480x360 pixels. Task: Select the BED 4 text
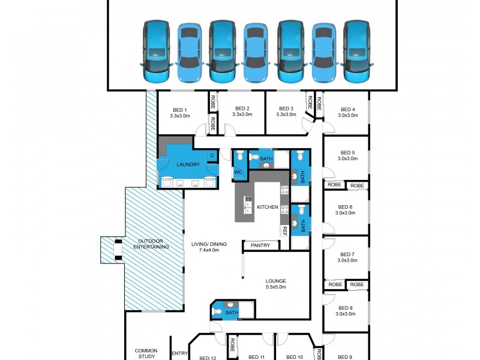coord(348,109)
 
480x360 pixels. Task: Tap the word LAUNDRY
coord(188,164)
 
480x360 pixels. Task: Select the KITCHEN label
coord(268,207)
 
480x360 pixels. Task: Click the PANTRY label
coord(260,245)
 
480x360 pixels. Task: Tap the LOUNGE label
coord(276,281)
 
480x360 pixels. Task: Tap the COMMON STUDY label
coord(146,353)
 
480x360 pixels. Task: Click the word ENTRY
coord(179,353)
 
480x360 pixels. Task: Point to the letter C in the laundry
coord(211,156)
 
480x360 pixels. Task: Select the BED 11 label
coord(258,357)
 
